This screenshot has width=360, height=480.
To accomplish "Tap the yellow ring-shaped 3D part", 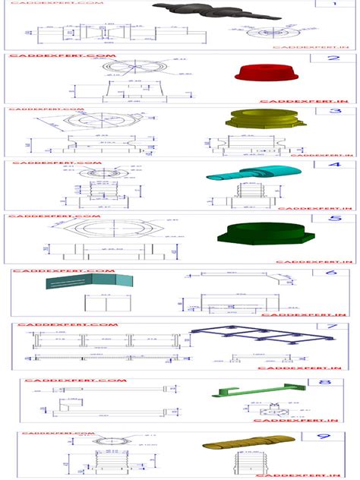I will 255,119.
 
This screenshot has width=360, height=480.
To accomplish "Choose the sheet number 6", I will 331,273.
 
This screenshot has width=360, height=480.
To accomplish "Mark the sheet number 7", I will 331,328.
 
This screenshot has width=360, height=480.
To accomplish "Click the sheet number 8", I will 325,384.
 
